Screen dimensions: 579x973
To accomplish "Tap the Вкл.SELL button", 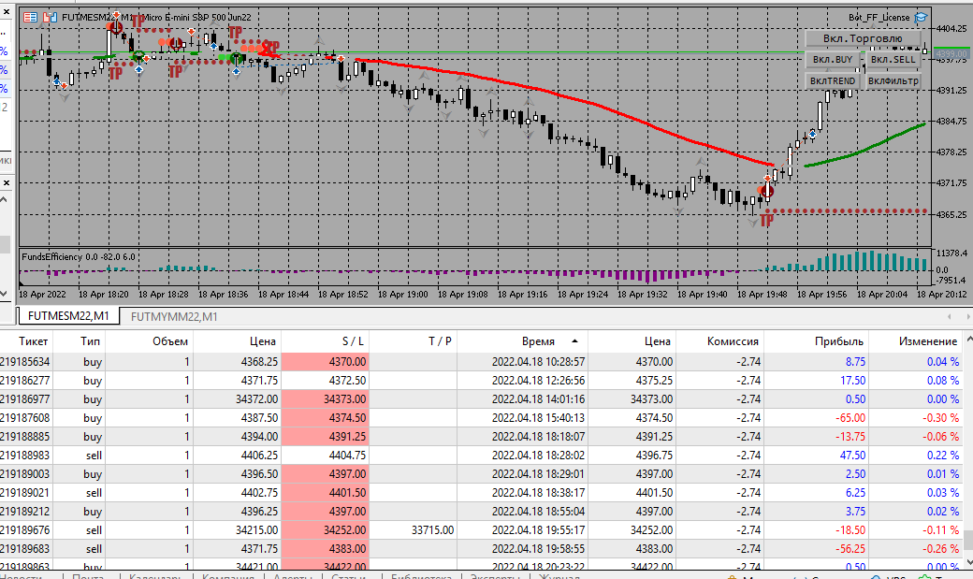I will pyautogui.click(x=892, y=60).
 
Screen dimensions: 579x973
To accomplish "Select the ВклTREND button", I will pyautogui.click(x=832, y=81).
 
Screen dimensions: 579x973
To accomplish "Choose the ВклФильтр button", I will pyautogui.click(x=892, y=81).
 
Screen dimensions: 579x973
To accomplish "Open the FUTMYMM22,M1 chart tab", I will pyautogui.click(x=174, y=316).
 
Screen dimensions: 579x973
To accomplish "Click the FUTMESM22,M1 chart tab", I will pyautogui.click(x=67, y=316).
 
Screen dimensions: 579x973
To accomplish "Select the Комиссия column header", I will pyautogui.click(x=733, y=341).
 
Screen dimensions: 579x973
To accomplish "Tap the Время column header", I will pyautogui.click(x=538, y=341).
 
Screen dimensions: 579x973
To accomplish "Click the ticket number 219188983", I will pyautogui.click(x=25, y=455).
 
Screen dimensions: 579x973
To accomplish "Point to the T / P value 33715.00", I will pyautogui.click(x=432, y=529).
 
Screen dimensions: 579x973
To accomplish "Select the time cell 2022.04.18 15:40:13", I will pyautogui.click(x=538, y=417).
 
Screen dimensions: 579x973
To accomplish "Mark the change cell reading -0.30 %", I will pyautogui.click(x=938, y=417).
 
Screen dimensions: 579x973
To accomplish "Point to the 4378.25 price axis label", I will pyautogui.click(x=951, y=152).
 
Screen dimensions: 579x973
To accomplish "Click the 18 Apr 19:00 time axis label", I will pyautogui.click(x=405, y=294).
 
